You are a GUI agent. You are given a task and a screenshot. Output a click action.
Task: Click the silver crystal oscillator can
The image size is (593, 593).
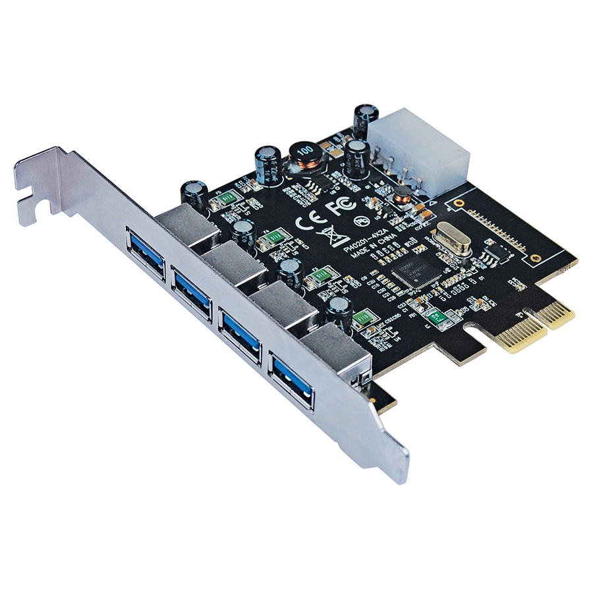coord(453,238)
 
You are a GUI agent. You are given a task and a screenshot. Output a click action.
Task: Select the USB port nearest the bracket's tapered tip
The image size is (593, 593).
coord(291,380)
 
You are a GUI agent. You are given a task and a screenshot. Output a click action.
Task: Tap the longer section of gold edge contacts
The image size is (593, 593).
coord(521,329)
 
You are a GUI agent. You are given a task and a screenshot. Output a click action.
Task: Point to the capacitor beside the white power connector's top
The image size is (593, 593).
coord(364,118)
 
